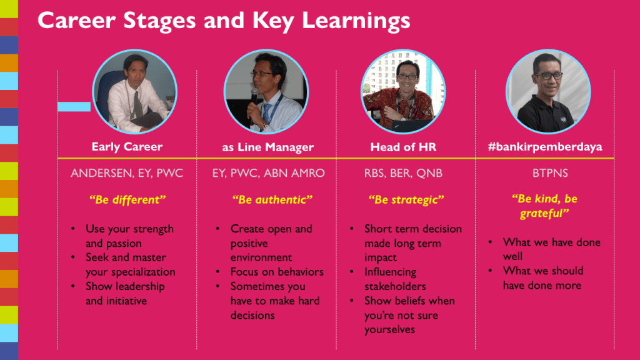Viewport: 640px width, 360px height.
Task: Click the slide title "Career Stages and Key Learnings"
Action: (224, 21)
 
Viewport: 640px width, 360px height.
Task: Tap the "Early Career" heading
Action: (127, 147)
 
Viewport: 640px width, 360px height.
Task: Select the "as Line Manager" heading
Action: (267, 147)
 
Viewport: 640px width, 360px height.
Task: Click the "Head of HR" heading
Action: (403, 147)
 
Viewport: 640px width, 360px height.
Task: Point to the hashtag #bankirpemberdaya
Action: (545, 147)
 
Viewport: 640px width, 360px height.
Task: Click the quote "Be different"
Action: (127, 199)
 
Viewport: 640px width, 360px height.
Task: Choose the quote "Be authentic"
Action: (272, 199)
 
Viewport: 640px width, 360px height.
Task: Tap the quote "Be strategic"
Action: (406, 199)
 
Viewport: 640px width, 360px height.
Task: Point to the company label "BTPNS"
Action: (550, 173)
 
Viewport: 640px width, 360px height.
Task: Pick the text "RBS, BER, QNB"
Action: (403, 173)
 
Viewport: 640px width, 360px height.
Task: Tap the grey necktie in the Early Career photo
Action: (138, 104)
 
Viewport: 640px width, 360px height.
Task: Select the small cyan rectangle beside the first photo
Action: (74, 106)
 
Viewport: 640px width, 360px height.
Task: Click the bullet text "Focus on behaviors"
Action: (277, 272)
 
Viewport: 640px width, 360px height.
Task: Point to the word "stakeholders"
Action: (395, 286)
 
